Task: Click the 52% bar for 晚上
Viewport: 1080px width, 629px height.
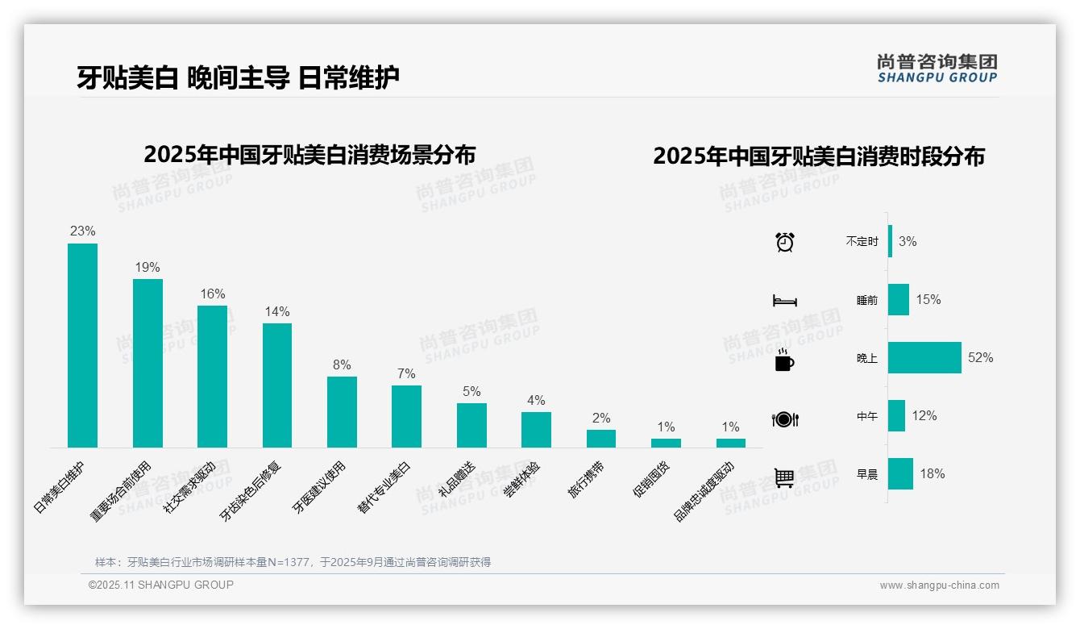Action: [924, 357]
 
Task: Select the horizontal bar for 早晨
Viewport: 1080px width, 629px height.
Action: [900, 473]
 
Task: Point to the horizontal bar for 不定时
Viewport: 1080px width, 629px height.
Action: [890, 241]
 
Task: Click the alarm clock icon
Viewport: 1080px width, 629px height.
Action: [784, 242]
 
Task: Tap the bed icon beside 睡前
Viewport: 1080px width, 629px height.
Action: [784, 301]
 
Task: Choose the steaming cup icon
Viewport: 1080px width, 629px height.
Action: [784, 360]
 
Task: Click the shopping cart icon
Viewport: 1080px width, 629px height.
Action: [784, 477]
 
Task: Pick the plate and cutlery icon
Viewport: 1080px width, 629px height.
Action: [784, 419]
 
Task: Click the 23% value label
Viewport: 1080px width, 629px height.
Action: [82, 231]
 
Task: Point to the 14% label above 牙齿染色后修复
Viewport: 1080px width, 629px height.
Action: [277, 312]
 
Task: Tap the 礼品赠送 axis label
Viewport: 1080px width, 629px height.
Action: [457, 480]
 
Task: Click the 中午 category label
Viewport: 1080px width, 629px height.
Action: [866, 416]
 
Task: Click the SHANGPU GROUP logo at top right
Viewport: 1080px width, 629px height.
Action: [937, 69]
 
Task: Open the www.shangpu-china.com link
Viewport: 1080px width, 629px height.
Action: [939, 585]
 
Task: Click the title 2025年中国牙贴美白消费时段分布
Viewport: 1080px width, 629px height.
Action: [819, 156]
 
